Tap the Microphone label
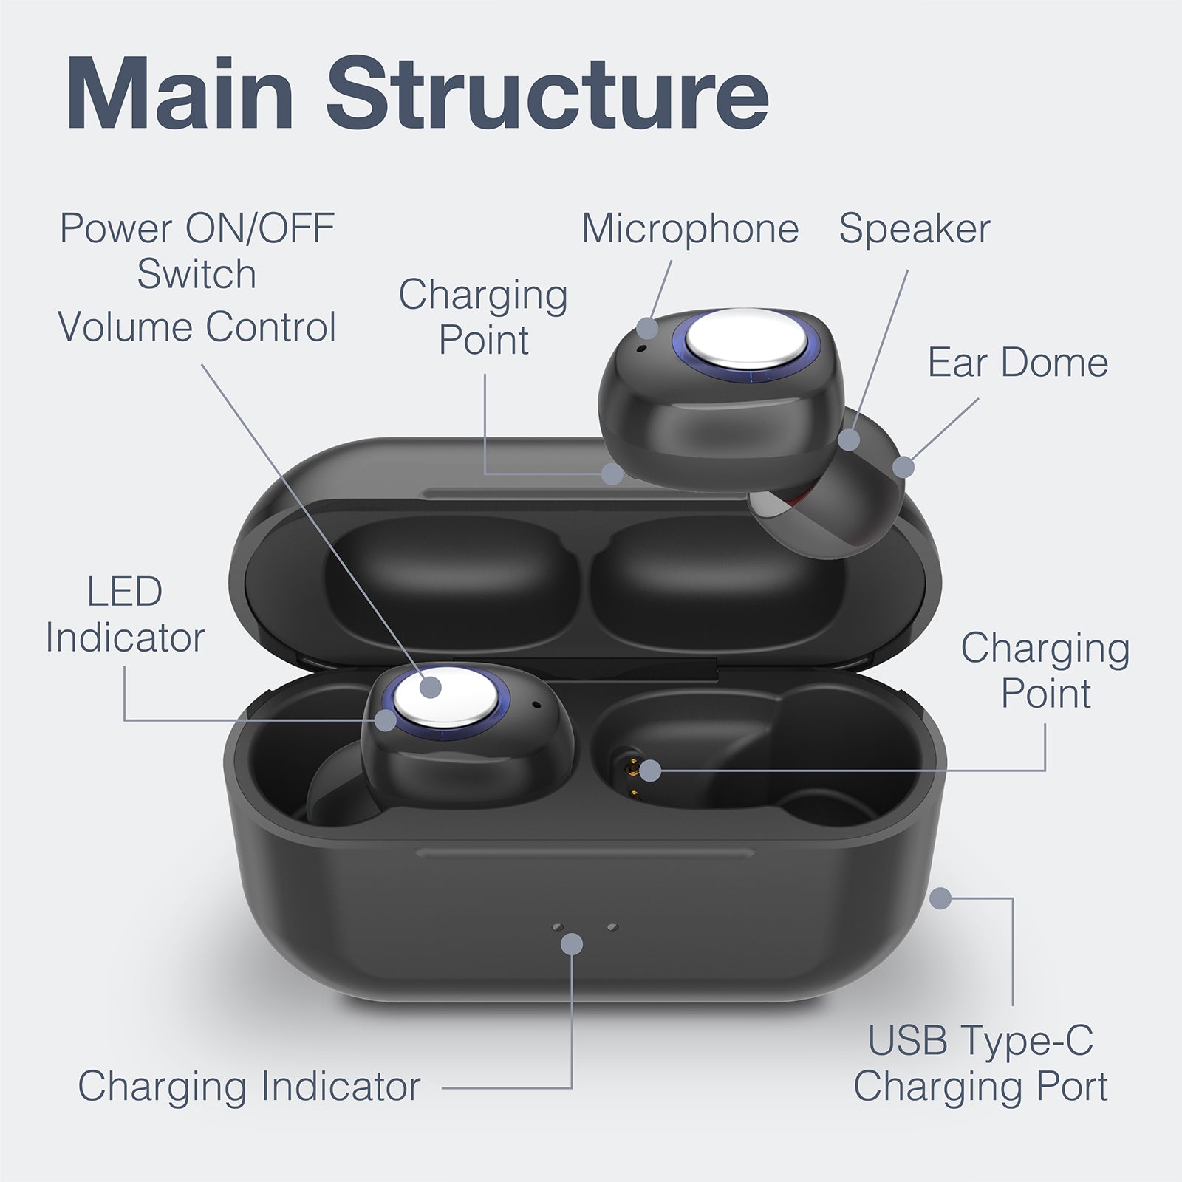coord(690,229)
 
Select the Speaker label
coord(914,229)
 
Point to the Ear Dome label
coord(1017,363)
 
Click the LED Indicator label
coord(125,615)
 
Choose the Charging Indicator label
coord(249,1087)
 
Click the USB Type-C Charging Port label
coord(980,1064)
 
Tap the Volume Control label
coord(197,327)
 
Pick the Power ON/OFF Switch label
coord(197,250)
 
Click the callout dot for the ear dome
coord(903,467)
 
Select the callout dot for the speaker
coord(850,440)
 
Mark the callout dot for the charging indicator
coord(572,943)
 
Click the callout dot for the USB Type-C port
coord(940,898)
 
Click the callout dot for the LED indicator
coord(384,720)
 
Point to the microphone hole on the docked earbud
coord(536,703)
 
